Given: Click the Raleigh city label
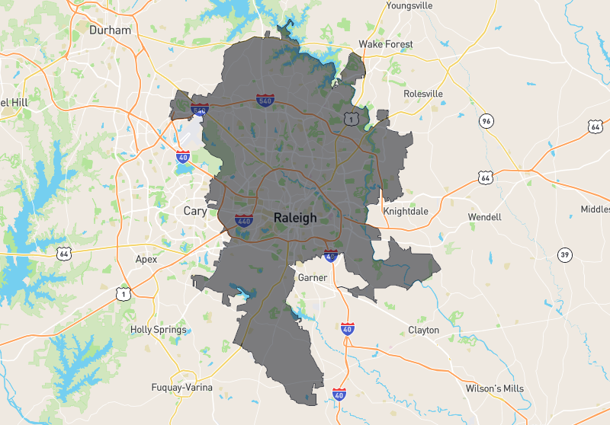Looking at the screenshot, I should coord(294,218).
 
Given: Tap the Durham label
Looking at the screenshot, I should coord(111,30).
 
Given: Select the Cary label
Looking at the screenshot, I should coord(195,211).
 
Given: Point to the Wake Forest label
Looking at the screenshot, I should coord(386,44).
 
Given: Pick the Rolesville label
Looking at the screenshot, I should coord(423,94).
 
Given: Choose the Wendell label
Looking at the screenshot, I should coord(484,217).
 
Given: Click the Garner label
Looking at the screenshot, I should coord(313,277).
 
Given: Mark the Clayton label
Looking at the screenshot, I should coord(423,330).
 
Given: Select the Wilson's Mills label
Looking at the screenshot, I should coord(495,388).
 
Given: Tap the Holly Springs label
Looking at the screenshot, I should coord(159,330).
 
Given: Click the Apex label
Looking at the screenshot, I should coord(146,259).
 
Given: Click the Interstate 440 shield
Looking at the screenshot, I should coord(244,222).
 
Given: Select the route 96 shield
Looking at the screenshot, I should coord(486,121).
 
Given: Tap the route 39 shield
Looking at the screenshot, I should coord(564,254).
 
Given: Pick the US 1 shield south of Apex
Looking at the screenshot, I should coord(122,292).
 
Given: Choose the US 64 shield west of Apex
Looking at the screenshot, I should coord(63,252).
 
